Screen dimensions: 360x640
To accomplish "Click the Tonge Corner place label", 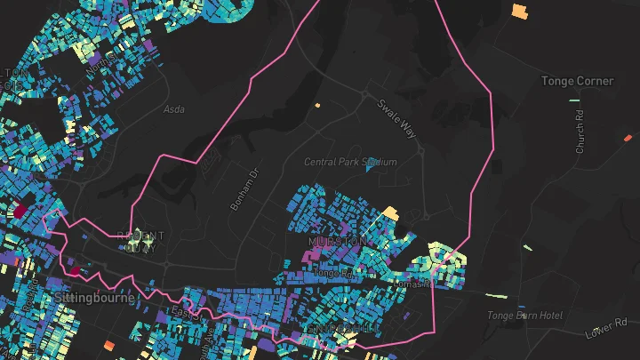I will click(577, 81).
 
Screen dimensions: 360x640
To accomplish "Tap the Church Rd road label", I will click(580, 132).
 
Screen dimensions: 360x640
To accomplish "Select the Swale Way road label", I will click(396, 117).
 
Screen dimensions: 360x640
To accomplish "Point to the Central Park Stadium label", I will click(350, 162).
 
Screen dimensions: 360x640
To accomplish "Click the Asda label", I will click(173, 109).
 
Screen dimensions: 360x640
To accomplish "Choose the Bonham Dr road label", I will click(243, 189).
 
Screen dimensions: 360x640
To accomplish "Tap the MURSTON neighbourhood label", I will click(335, 242).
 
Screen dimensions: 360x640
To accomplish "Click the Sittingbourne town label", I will click(94, 298).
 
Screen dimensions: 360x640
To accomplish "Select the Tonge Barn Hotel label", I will click(524, 316).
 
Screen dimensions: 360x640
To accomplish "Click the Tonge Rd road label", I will click(334, 275).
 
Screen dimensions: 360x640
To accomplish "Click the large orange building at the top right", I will click(519, 12).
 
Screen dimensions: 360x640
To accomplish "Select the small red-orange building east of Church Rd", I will click(628, 138).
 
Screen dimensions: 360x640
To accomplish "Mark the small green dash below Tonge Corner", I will click(573, 100).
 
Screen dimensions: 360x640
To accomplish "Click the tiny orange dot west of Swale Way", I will click(317, 105).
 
